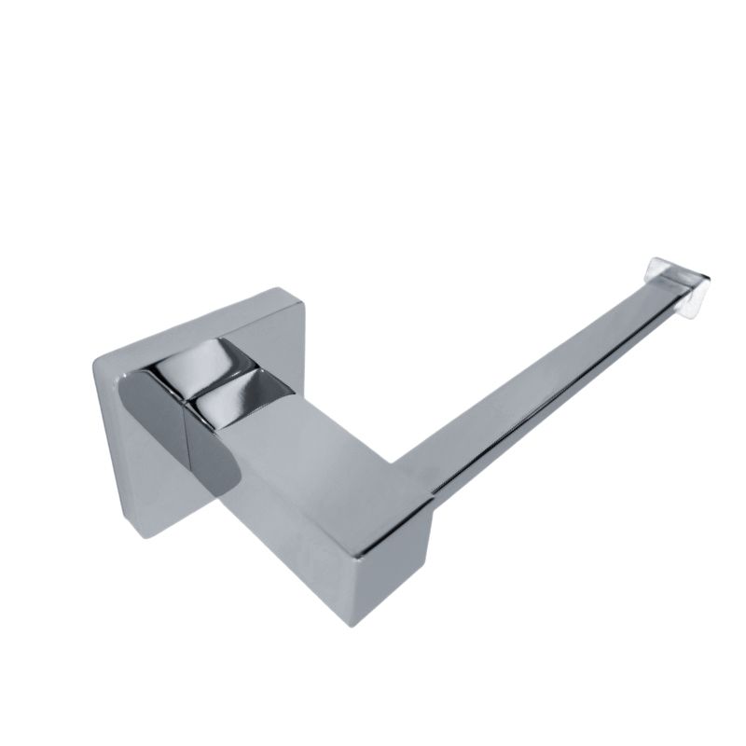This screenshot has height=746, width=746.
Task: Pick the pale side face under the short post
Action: pyautogui.click(x=280, y=522)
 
